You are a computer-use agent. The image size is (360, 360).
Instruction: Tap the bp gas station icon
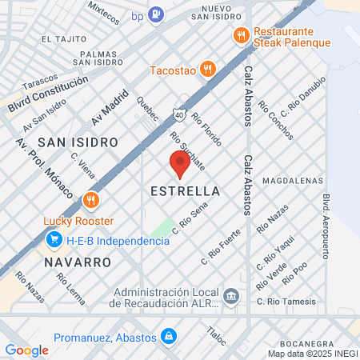point(157,13)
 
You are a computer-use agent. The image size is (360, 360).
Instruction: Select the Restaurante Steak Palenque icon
point(239,35)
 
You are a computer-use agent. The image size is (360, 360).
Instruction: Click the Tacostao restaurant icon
point(207,69)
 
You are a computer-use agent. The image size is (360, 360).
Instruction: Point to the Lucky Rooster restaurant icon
point(90,200)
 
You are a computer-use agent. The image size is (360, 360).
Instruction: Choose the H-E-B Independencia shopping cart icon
point(54,239)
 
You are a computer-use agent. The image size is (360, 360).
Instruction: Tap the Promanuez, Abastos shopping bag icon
point(168,336)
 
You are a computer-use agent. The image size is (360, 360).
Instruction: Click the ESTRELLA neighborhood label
point(185,192)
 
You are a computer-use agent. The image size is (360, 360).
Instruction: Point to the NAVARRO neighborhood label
point(78,262)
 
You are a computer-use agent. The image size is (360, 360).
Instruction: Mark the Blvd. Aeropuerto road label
point(326,226)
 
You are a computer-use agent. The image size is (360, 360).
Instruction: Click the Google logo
point(26,350)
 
